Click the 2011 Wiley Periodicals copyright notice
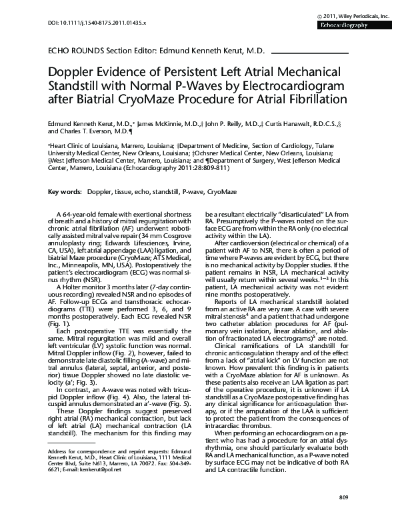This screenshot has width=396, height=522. (344, 14)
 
